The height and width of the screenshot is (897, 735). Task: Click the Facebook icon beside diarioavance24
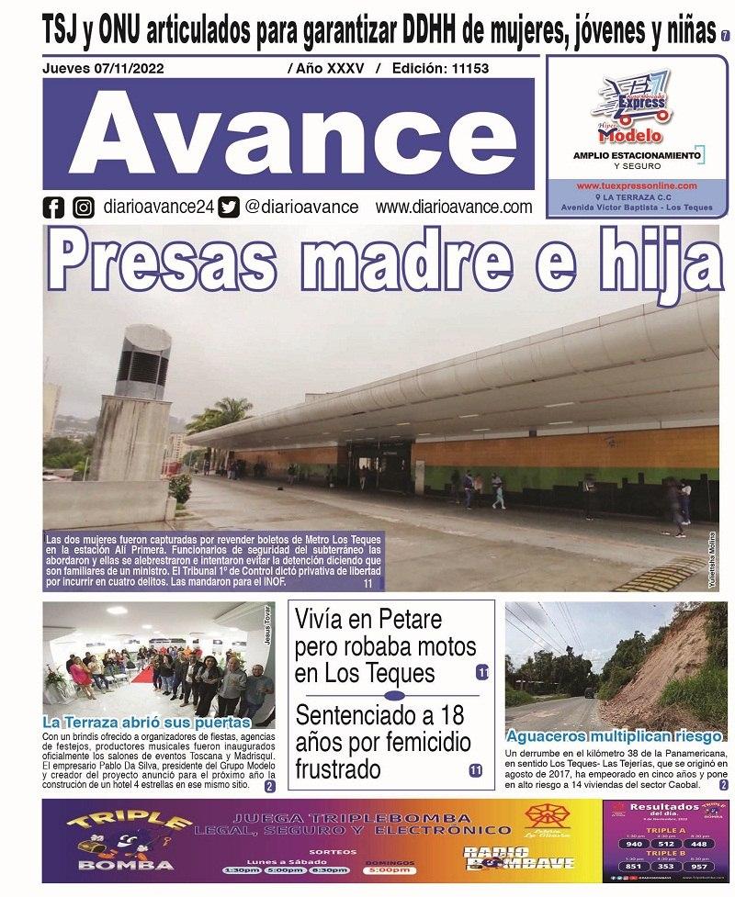53,207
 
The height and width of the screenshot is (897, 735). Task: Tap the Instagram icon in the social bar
84,207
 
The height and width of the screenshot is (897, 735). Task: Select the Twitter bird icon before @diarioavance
230,207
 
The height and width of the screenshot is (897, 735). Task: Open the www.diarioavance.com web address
454,207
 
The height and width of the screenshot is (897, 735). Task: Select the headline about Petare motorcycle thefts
385,645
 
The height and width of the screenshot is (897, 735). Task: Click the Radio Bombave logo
519,856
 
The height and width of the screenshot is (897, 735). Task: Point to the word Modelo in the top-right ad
630,135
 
